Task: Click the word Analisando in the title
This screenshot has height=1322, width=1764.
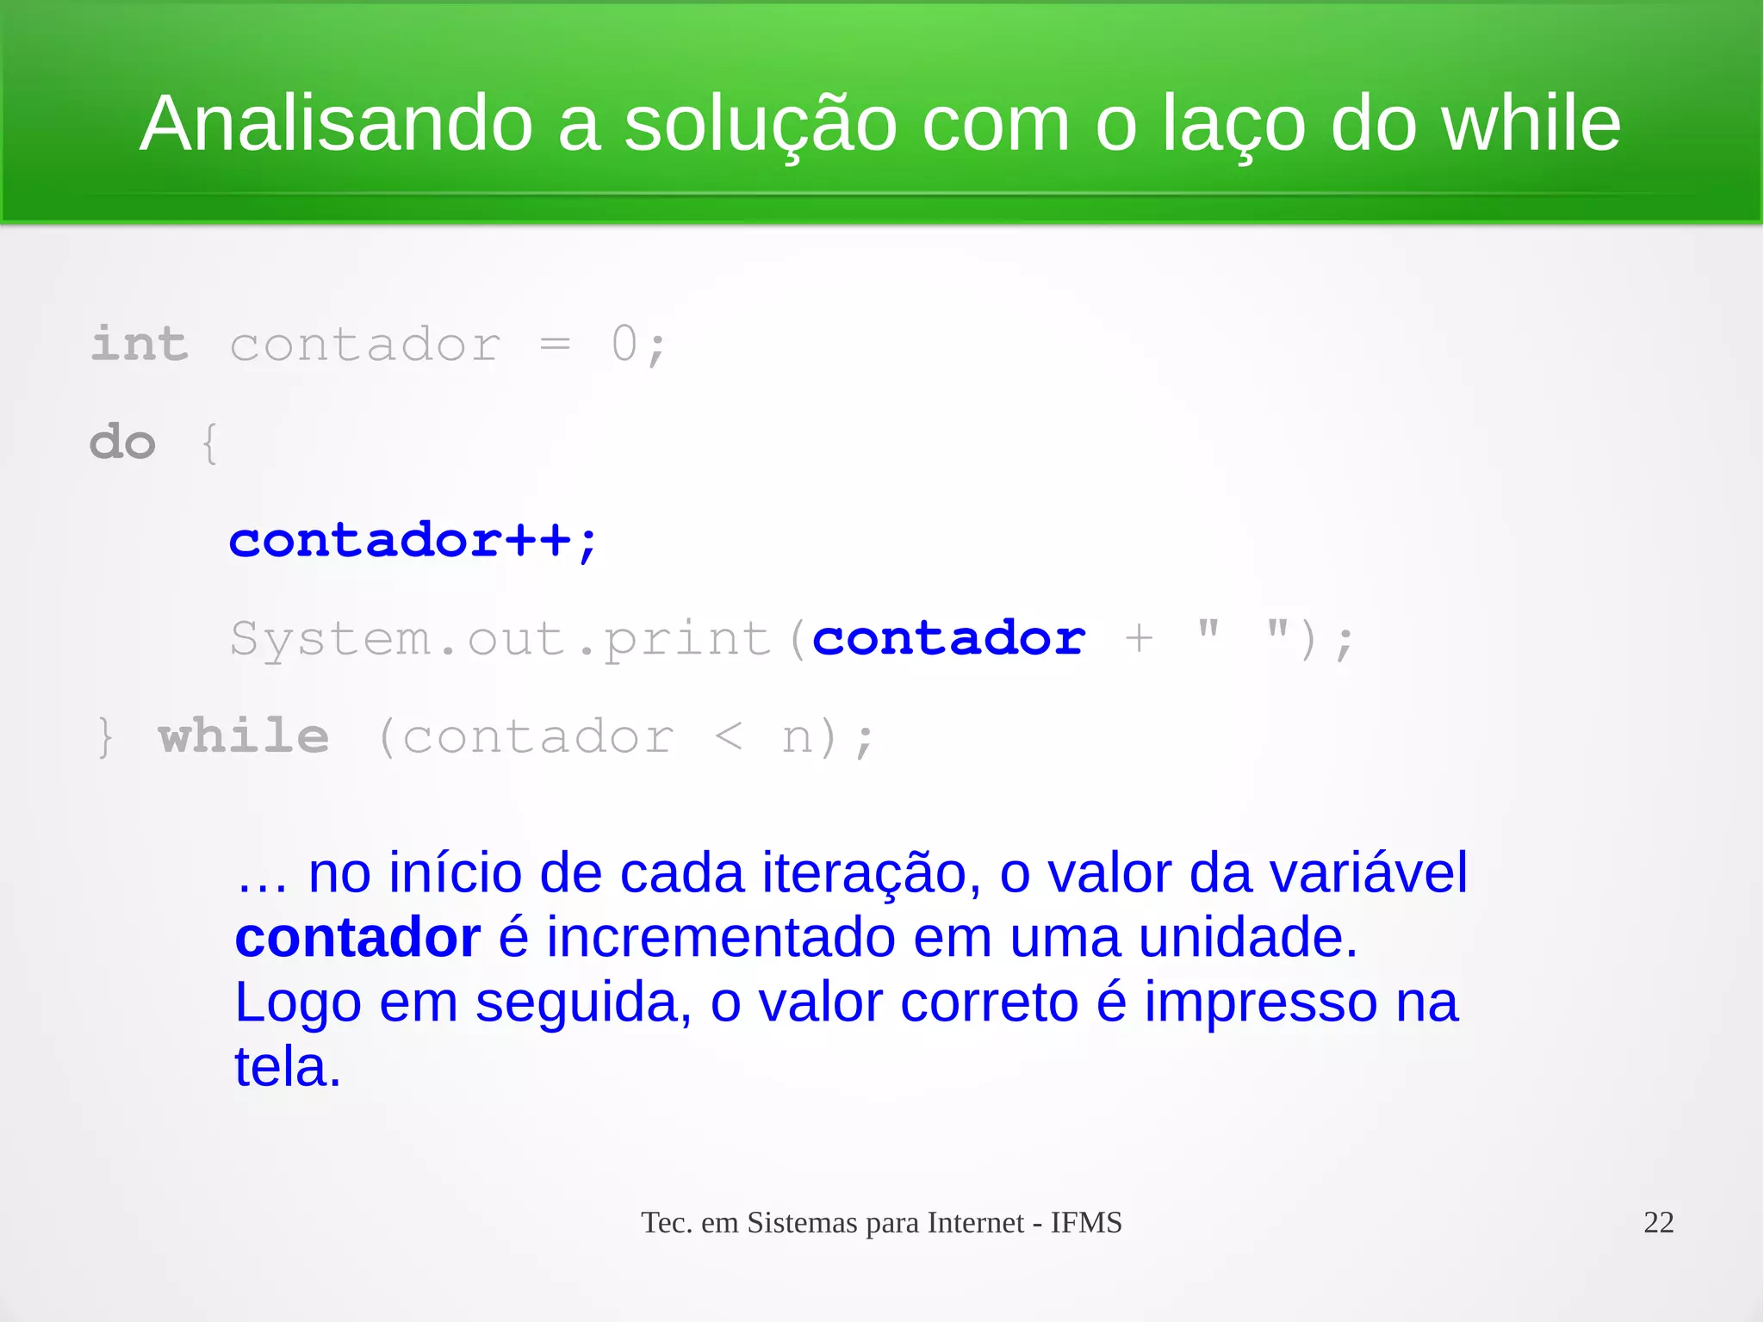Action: pyautogui.click(x=336, y=124)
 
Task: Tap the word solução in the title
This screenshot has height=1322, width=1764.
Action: pyautogui.click(x=760, y=126)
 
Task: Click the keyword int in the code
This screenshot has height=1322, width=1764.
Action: pyautogui.click(x=140, y=344)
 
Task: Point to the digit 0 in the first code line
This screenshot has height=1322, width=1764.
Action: pyautogui.click(x=624, y=344)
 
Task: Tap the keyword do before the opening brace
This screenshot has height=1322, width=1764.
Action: pyautogui.click(x=123, y=443)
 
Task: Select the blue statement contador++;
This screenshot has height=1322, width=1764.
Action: pyautogui.click(x=413, y=541)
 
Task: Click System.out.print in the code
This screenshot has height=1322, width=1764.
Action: pyautogui.click(x=500, y=640)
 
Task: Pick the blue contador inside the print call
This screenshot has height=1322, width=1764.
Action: pyautogui.click(x=948, y=638)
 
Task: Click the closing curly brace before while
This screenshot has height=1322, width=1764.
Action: pyautogui.click(x=105, y=738)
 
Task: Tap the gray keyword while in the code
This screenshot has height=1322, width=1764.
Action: pyautogui.click(x=244, y=736)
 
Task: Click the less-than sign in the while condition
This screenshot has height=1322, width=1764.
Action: pyautogui.click(x=728, y=736)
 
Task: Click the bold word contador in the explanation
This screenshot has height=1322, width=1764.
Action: pyautogui.click(x=357, y=937)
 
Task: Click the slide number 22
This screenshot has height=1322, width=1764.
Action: pyautogui.click(x=1658, y=1222)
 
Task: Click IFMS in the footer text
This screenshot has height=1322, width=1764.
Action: pyautogui.click(x=1085, y=1223)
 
